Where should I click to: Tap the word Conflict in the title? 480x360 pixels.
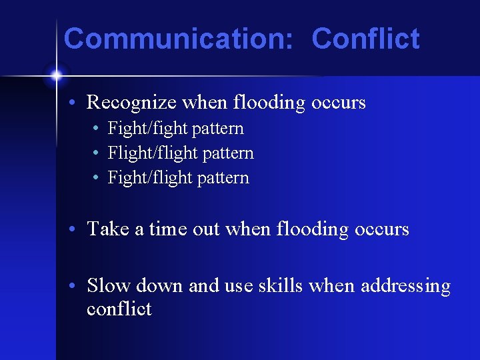365,39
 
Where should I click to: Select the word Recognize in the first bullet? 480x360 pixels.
131,103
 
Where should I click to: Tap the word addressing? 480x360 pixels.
405,286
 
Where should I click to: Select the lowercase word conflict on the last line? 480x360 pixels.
119,309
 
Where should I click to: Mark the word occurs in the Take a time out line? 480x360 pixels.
383,229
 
